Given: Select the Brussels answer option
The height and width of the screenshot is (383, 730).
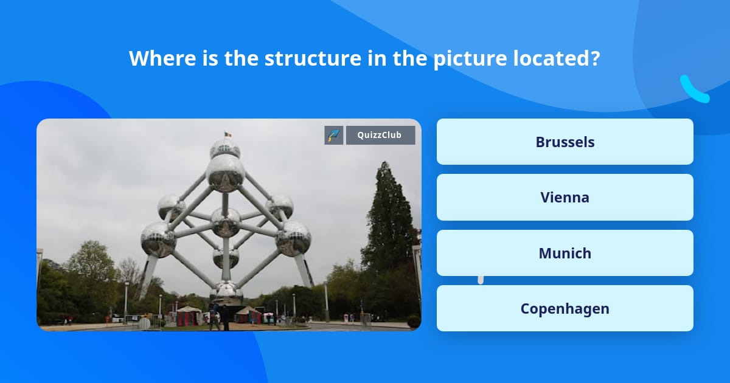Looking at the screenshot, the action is pos(565,142).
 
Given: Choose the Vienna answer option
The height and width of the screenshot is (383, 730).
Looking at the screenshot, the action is pos(565,198).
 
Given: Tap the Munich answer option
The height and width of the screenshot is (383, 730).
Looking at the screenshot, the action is pos(565,253).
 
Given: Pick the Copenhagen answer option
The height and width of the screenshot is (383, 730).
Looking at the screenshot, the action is pos(565,308).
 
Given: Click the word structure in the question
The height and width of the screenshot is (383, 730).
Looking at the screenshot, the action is pos(313,58).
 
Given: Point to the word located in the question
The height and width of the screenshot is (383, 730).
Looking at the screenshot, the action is pos(556,58).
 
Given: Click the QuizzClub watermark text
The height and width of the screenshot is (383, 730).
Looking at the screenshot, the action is pos(380,135).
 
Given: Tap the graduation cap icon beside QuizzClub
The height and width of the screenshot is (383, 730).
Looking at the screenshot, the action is pos(334,135).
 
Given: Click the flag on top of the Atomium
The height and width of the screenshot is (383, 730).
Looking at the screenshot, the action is pos(228,134).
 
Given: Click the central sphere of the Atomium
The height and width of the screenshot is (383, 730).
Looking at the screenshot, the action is pos(226,223).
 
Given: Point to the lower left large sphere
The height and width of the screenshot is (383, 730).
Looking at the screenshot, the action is pos(158,240).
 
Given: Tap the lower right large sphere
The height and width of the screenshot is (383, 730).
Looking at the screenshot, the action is pos(293,239).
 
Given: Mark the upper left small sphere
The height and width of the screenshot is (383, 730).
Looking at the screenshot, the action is pos(171,208).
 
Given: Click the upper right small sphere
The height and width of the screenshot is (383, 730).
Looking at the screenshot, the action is pos(280,207).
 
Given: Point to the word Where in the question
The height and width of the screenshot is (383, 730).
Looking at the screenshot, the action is pos(162,58).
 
